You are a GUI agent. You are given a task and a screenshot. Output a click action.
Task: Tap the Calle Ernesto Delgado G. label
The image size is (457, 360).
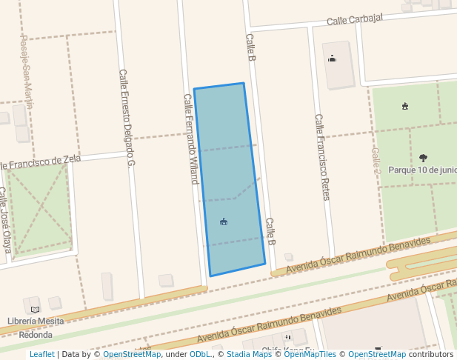126,119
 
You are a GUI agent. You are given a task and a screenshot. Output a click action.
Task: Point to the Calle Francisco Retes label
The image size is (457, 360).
321,156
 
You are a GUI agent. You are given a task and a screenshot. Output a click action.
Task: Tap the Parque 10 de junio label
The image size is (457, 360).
422,169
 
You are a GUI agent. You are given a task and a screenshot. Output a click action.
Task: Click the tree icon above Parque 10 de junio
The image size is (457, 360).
423,157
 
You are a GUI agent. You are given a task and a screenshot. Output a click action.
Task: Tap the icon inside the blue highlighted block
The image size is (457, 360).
224,221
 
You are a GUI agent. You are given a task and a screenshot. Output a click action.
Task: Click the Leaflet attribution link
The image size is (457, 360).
42,354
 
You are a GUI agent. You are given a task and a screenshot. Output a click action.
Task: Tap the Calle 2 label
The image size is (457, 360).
376,160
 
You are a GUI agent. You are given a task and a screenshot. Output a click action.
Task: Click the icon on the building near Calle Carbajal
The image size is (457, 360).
332,59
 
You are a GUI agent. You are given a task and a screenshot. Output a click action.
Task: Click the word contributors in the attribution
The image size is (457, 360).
431,354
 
